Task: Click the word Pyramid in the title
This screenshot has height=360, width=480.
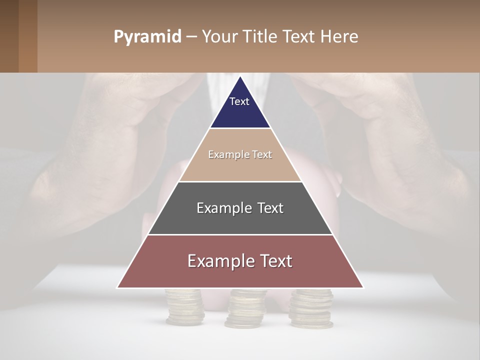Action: (147, 37)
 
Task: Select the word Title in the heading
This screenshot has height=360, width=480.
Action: (260, 37)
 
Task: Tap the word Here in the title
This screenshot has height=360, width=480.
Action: (339, 37)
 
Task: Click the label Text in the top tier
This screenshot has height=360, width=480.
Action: (239, 101)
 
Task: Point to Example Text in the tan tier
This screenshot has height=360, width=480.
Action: (240, 154)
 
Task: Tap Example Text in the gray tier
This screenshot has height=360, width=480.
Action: (240, 208)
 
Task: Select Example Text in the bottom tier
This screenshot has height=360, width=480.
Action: (240, 261)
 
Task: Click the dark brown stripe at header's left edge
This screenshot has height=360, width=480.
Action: (9, 36)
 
